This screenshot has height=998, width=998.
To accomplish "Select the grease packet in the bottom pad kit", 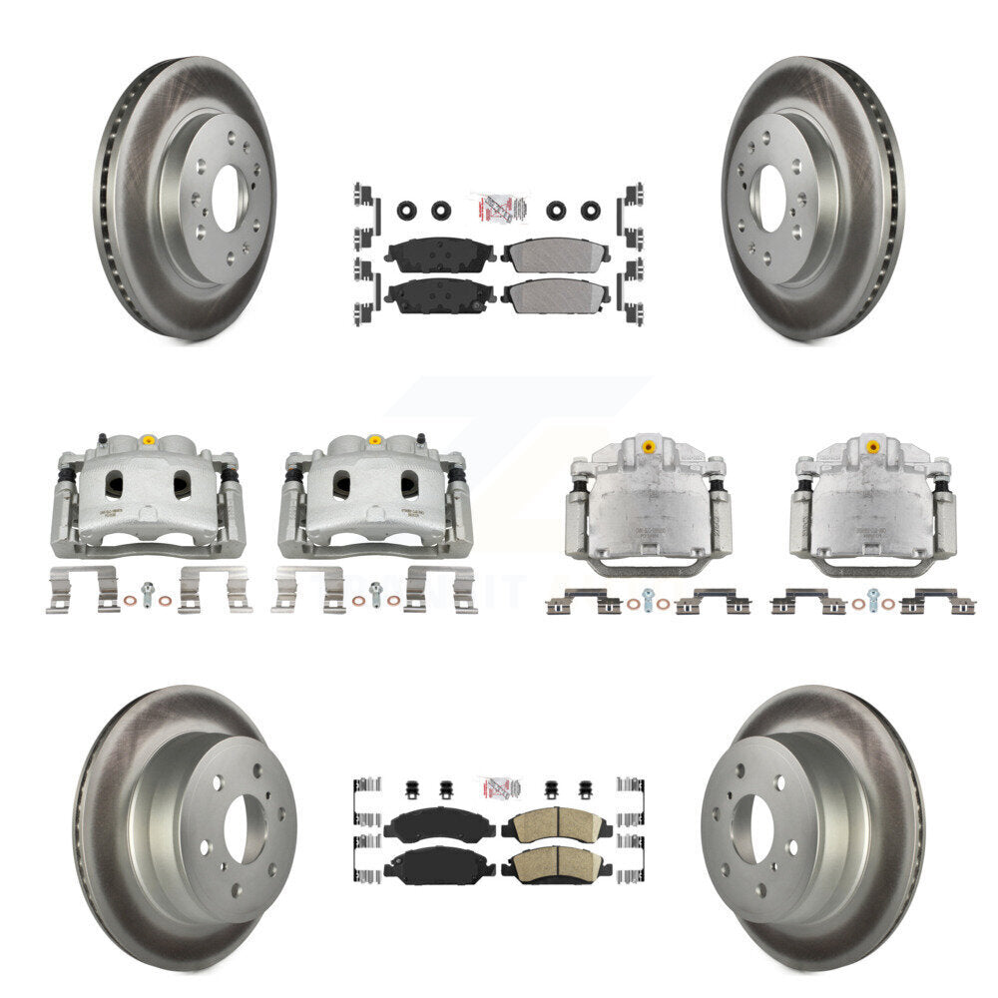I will pos(496,788).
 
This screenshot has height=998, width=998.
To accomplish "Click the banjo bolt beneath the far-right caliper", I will pos(873,598).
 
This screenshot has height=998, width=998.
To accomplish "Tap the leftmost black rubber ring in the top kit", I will pos(407,211).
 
